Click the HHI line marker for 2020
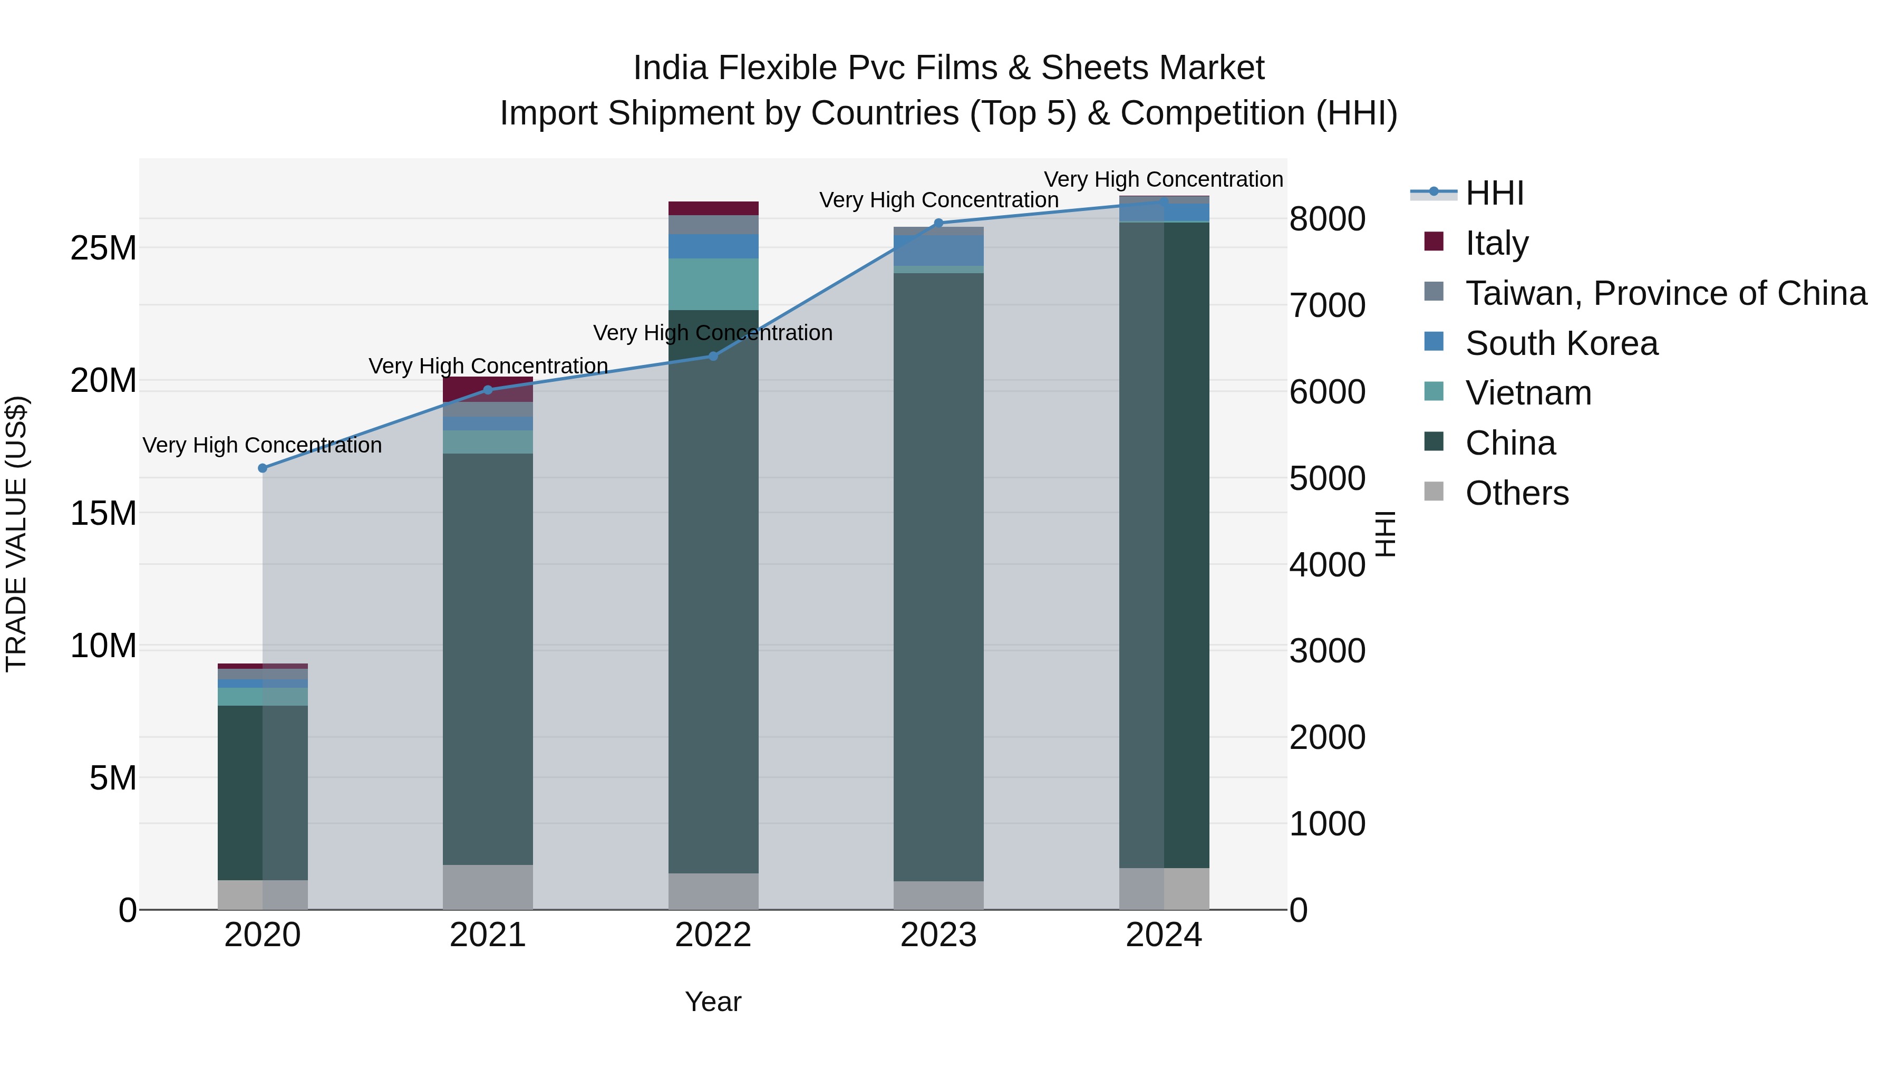point(263,468)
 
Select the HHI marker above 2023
point(938,223)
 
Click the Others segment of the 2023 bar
point(938,895)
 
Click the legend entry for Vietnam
point(1527,393)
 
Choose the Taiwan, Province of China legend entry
point(1665,293)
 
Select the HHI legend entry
point(1494,193)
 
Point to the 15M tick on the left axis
point(103,513)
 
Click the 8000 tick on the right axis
point(1327,219)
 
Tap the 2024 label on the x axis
point(1164,935)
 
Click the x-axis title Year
point(712,1002)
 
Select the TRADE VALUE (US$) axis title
point(16,534)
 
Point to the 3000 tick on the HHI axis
point(1327,651)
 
